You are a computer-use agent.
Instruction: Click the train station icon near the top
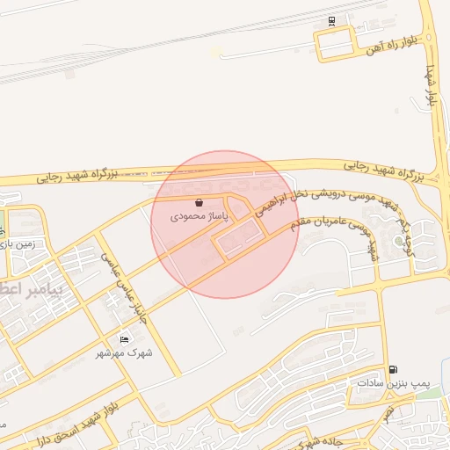click(x=331, y=21)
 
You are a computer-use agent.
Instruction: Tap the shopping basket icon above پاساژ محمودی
click(x=200, y=202)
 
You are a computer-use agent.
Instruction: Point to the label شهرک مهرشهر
click(x=125, y=352)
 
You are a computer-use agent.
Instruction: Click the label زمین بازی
click(x=18, y=246)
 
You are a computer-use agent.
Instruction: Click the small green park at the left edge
click(x=2, y=220)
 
